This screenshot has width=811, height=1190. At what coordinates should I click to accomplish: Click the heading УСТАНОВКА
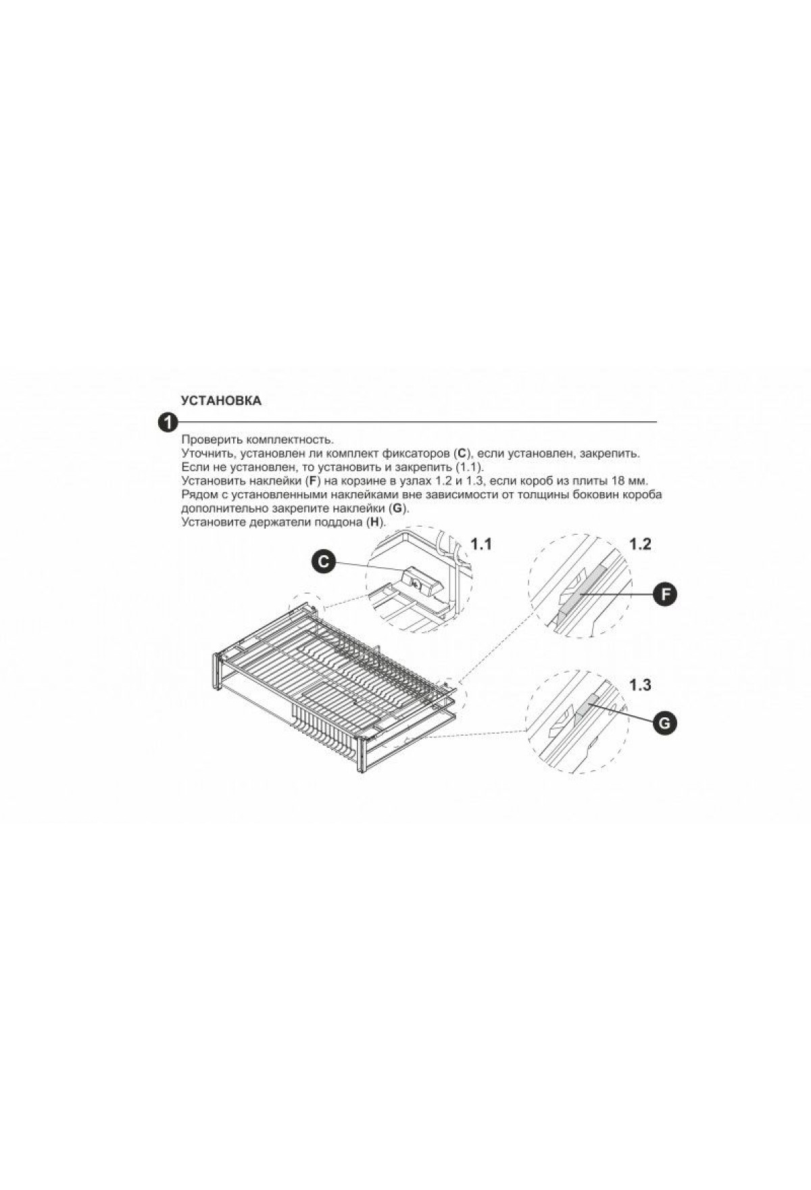[221, 401]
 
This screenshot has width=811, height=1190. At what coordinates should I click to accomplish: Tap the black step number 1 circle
[166, 423]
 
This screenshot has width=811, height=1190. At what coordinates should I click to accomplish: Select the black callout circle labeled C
[324, 561]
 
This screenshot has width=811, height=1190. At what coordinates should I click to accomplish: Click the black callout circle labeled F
[665, 594]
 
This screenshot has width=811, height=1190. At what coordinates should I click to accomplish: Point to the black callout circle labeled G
[664, 723]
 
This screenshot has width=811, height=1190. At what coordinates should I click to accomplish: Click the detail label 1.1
[481, 544]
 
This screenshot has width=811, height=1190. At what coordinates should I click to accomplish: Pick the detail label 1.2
[640, 544]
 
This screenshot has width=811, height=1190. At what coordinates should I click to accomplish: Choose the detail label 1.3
[640, 685]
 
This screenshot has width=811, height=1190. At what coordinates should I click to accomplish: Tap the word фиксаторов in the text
[420, 453]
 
